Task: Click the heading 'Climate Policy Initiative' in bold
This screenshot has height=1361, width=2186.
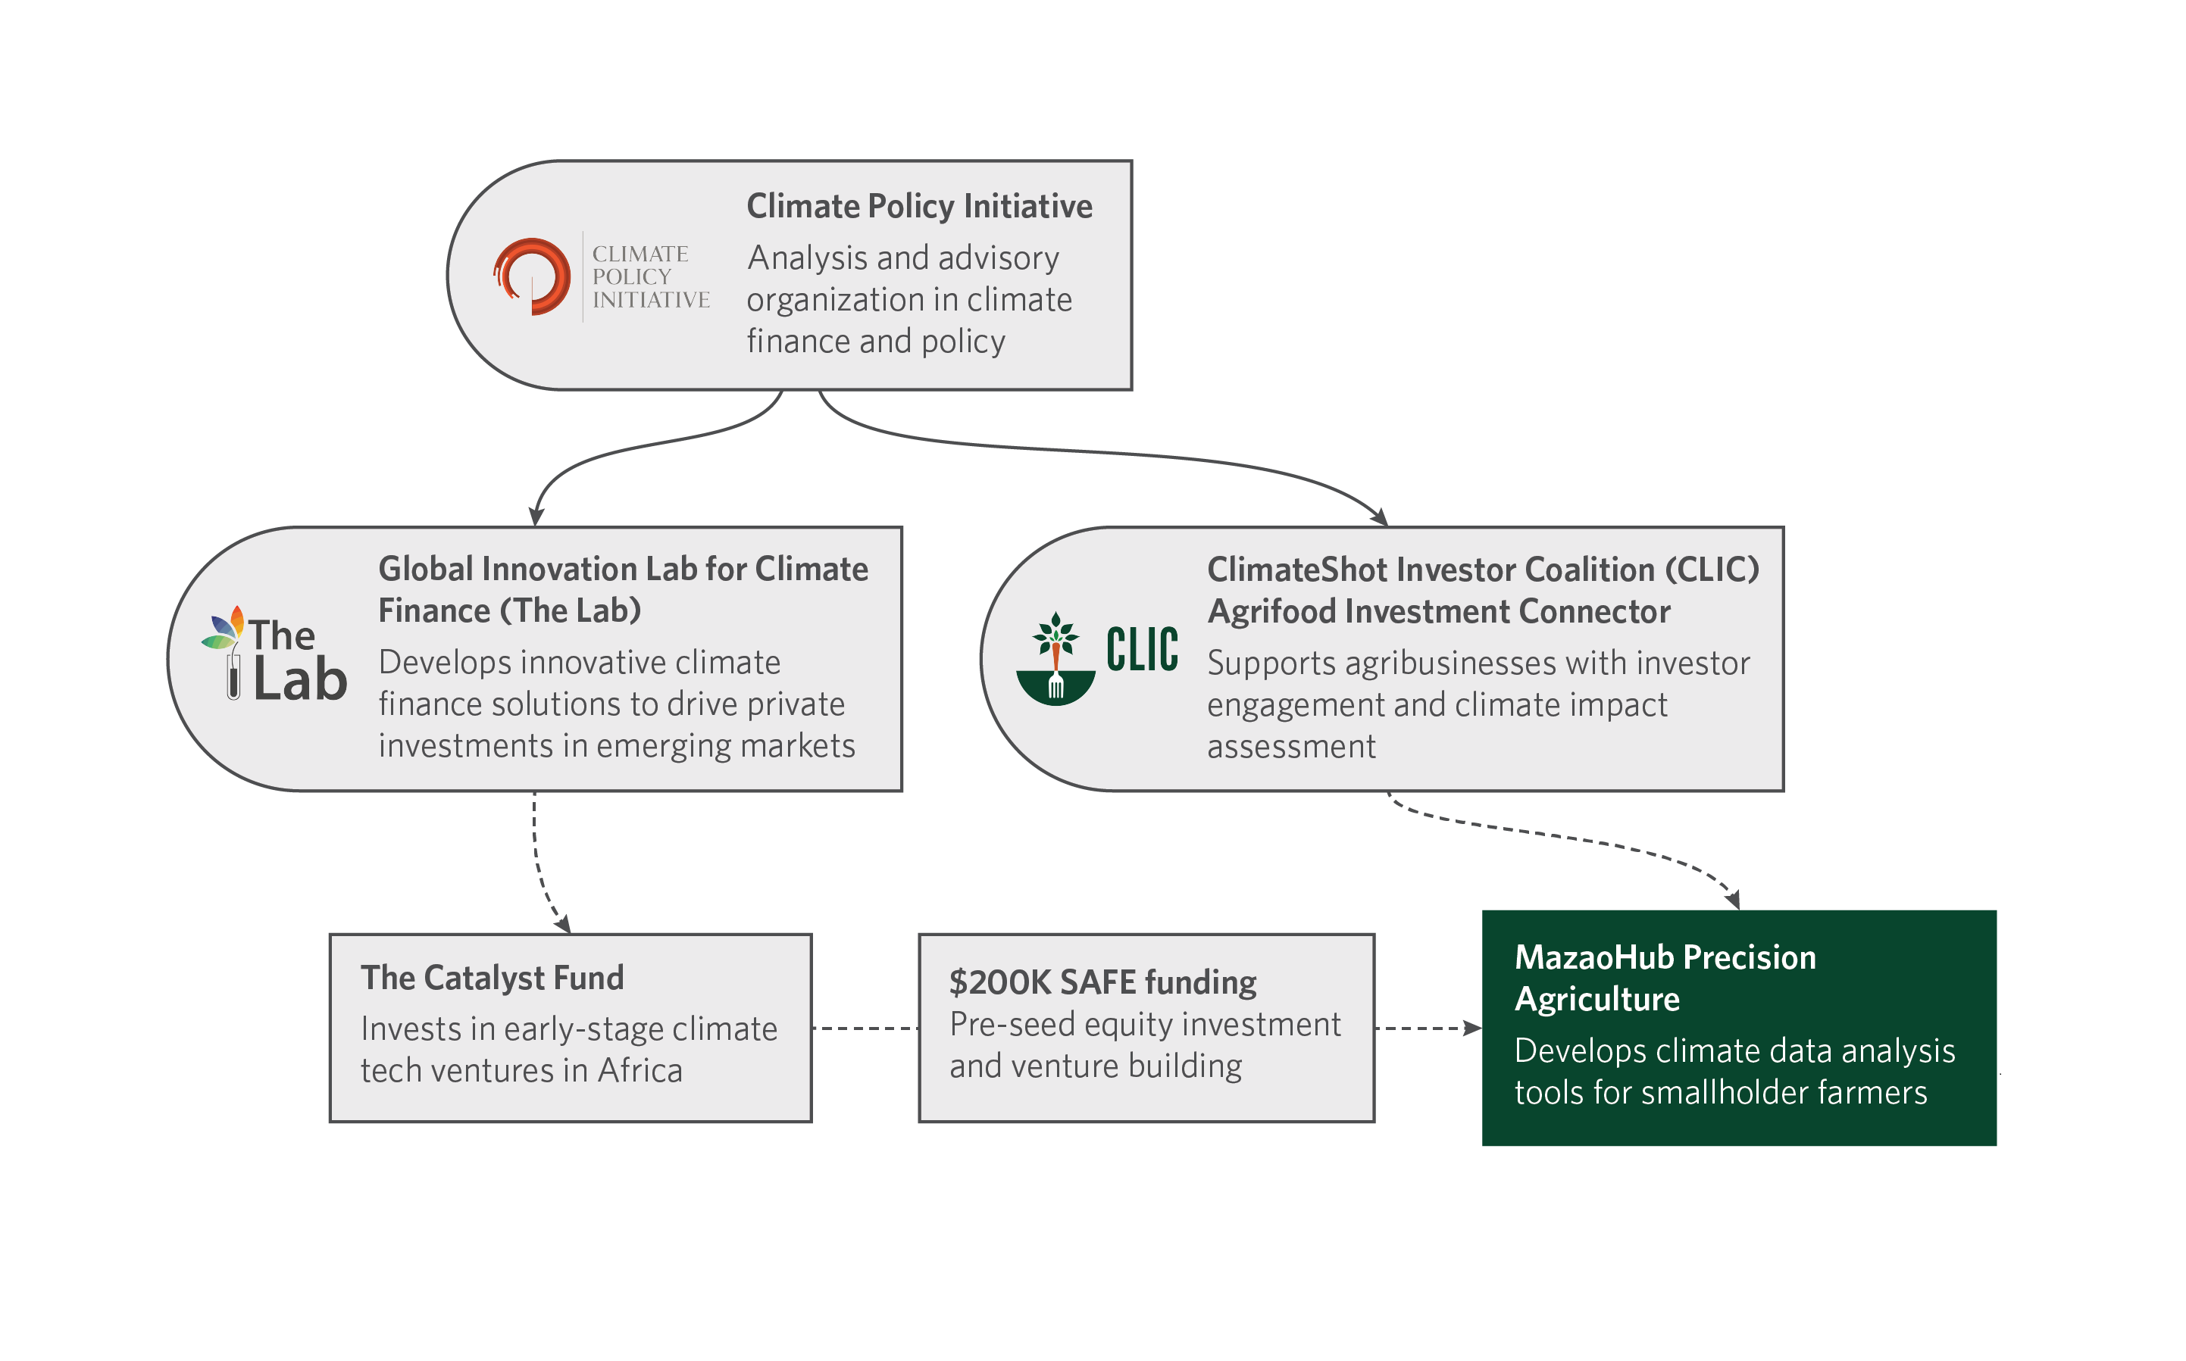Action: (x=919, y=206)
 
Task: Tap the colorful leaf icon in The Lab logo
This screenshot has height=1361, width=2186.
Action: (x=224, y=627)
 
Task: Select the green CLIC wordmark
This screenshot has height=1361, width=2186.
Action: (x=1142, y=649)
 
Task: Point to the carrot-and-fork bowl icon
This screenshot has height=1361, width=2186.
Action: (x=1055, y=660)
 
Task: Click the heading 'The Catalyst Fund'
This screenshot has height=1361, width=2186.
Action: (x=493, y=978)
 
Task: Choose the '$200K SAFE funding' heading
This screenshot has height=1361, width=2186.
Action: (x=1103, y=982)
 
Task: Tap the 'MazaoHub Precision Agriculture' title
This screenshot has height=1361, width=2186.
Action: (x=1665, y=978)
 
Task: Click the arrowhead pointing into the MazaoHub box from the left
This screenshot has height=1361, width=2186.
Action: (x=1473, y=1028)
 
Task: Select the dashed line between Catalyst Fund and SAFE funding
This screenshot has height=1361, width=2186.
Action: (x=865, y=1028)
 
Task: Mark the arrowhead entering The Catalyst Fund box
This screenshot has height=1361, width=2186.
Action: (x=564, y=925)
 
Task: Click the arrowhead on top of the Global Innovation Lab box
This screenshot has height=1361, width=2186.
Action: (x=536, y=517)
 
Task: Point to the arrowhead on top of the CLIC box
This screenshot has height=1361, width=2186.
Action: (x=1379, y=517)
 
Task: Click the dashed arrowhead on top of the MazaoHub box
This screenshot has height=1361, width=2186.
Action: (x=1733, y=899)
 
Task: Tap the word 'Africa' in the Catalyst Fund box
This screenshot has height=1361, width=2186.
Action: (x=640, y=1070)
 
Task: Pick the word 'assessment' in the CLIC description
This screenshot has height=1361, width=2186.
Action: (x=1291, y=746)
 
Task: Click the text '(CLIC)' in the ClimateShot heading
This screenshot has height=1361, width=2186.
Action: (x=1712, y=570)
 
